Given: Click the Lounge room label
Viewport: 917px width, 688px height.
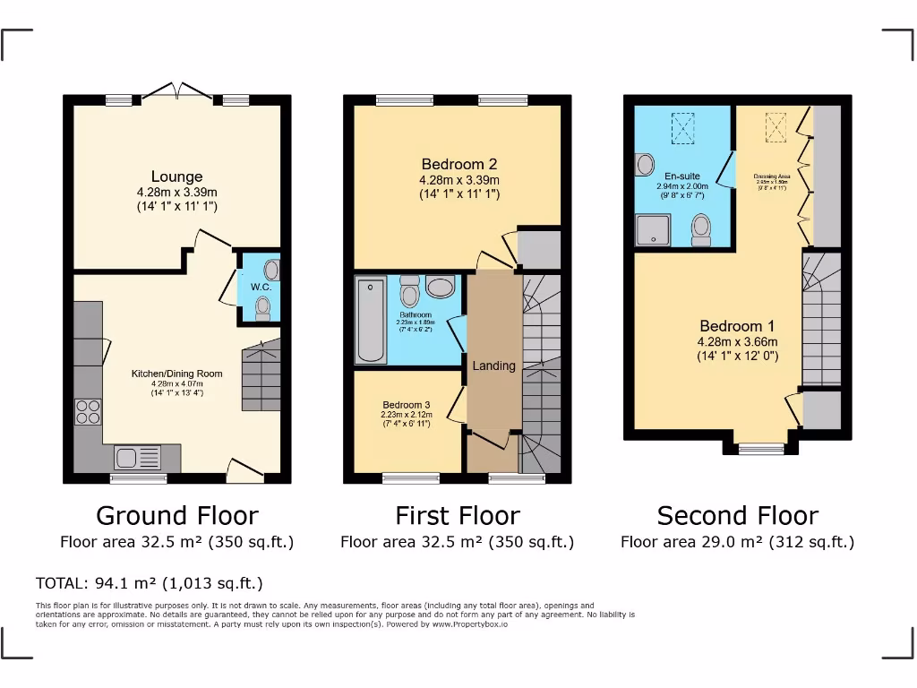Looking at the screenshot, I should (176, 176).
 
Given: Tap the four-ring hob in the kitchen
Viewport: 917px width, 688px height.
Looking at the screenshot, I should (88, 411).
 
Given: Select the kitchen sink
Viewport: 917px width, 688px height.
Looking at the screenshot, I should (138, 458).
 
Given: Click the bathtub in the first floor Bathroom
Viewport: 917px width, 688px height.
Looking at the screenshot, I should (370, 320).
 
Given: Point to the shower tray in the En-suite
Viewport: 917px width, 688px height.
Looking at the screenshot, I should (653, 229).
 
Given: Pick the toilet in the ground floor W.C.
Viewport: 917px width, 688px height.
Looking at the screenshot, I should (262, 309).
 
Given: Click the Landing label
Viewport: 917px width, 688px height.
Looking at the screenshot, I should (493, 365).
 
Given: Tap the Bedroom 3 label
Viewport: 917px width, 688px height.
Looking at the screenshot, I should (407, 404).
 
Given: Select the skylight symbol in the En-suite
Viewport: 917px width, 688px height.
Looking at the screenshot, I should (682, 126).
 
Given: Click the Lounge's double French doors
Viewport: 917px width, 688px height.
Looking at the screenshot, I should (177, 90).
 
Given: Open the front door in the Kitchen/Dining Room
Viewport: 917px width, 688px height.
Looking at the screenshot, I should (244, 470).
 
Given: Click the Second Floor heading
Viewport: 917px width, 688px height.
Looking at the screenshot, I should (737, 516).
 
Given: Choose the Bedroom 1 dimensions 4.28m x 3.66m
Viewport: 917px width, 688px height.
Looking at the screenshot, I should (737, 341).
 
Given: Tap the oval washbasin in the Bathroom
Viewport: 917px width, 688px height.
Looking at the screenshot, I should (440, 287).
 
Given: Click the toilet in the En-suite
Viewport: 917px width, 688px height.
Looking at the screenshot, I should (701, 228).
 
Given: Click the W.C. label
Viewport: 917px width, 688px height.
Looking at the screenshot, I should (261, 287).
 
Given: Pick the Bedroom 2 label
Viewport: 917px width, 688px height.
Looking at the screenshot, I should (458, 164).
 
